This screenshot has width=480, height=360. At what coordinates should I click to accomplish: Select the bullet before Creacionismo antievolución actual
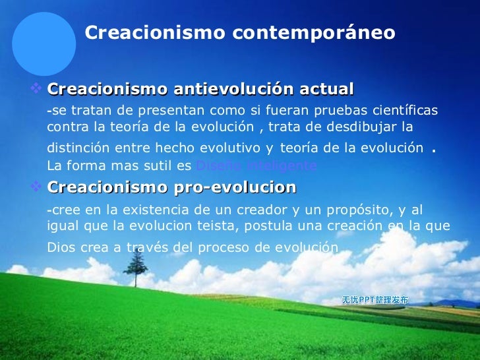pyautogui.click(x=37, y=88)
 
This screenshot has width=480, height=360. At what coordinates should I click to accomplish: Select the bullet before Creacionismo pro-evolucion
pyautogui.click(x=37, y=187)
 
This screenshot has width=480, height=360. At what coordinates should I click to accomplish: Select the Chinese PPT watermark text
pyautogui.click(x=375, y=300)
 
